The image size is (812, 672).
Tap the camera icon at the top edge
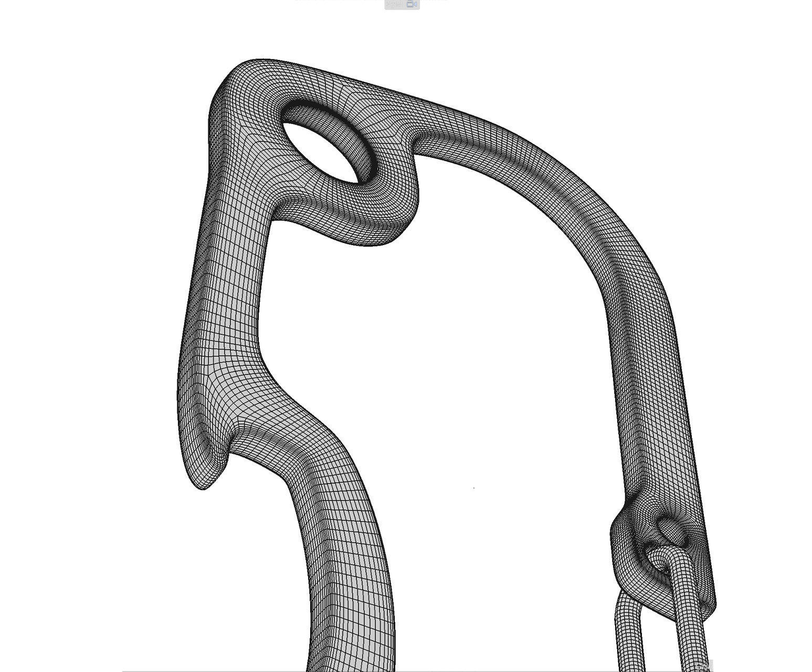(412, 4)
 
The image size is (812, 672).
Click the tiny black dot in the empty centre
(474, 488)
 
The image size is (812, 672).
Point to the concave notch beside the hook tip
(231, 446)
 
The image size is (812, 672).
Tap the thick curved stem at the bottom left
(346, 577)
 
